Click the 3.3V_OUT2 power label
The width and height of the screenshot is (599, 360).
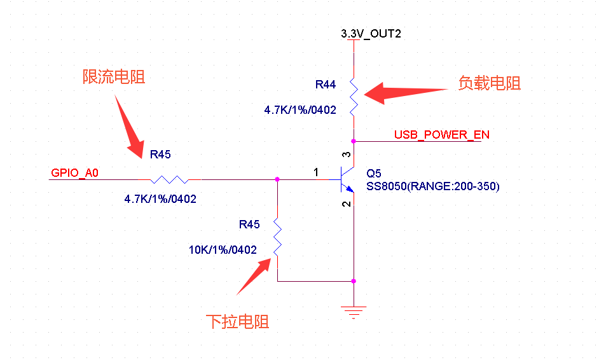pyautogui.click(x=371, y=34)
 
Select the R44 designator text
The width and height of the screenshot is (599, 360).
pyautogui.click(x=326, y=85)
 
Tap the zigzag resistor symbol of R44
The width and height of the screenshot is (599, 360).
pyautogui.click(x=354, y=97)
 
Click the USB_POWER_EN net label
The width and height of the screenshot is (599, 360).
pyautogui.click(x=441, y=134)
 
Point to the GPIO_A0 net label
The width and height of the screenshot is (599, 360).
pyautogui.click(x=74, y=173)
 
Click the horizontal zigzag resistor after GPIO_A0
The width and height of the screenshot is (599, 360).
pyautogui.click(x=169, y=179)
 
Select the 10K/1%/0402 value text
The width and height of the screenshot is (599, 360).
pyautogui.click(x=223, y=250)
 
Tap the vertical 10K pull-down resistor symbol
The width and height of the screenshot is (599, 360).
pyautogui.click(x=277, y=237)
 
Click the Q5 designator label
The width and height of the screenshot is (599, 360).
pyautogui.click(x=374, y=174)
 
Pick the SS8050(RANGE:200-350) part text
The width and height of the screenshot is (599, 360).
pyautogui.click(x=433, y=186)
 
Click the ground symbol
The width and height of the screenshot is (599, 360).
pyautogui.click(x=354, y=312)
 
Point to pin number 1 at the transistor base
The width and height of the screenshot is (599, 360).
pyautogui.click(x=316, y=172)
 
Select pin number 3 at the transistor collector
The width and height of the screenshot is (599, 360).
pyautogui.click(x=346, y=155)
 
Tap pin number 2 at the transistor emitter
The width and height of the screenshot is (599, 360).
pyautogui.click(x=346, y=204)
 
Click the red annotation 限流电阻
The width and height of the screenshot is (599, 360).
pyautogui.click(x=114, y=77)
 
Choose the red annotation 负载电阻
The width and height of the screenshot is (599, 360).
pyautogui.click(x=490, y=83)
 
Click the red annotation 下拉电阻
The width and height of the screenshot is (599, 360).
pyautogui.click(x=238, y=322)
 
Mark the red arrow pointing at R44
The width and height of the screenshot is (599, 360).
pyautogui.click(x=406, y=93)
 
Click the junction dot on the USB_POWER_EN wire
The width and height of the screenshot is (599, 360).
pyautogui.click(x=354, y=141)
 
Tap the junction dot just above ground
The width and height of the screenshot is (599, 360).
pyautogui.click(x=354, y=281)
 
